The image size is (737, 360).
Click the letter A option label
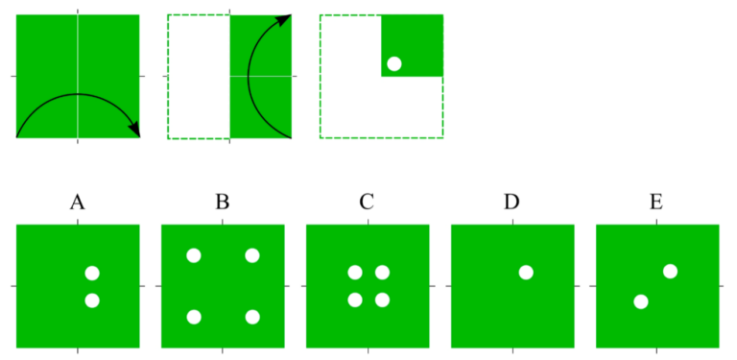[x=78, y=203]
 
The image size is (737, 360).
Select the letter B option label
[x=223, y=203]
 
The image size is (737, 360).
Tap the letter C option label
[x=367, y=203]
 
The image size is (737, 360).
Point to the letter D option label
[x=511, y=203]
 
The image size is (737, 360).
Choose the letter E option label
[x=656, y=203]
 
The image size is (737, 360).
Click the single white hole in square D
[x=526, y=272]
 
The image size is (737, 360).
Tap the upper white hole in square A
[x=92, y=274]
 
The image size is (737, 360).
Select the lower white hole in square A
[x=92, y=300]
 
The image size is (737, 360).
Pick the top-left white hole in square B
[x=194, y=255]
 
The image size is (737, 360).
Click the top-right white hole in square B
[x=252, y=255]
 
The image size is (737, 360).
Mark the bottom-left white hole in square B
[x=194, y=317]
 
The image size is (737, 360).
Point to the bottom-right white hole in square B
[x=252, y=317]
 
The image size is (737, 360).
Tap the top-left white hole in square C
[x=355, y=274]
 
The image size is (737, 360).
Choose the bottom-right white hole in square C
[x=382, y=300]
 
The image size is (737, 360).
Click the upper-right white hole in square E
[x=670, y=271]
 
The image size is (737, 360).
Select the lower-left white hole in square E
[x=641, y=302]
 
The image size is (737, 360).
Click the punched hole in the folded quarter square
[x=393, y=64]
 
